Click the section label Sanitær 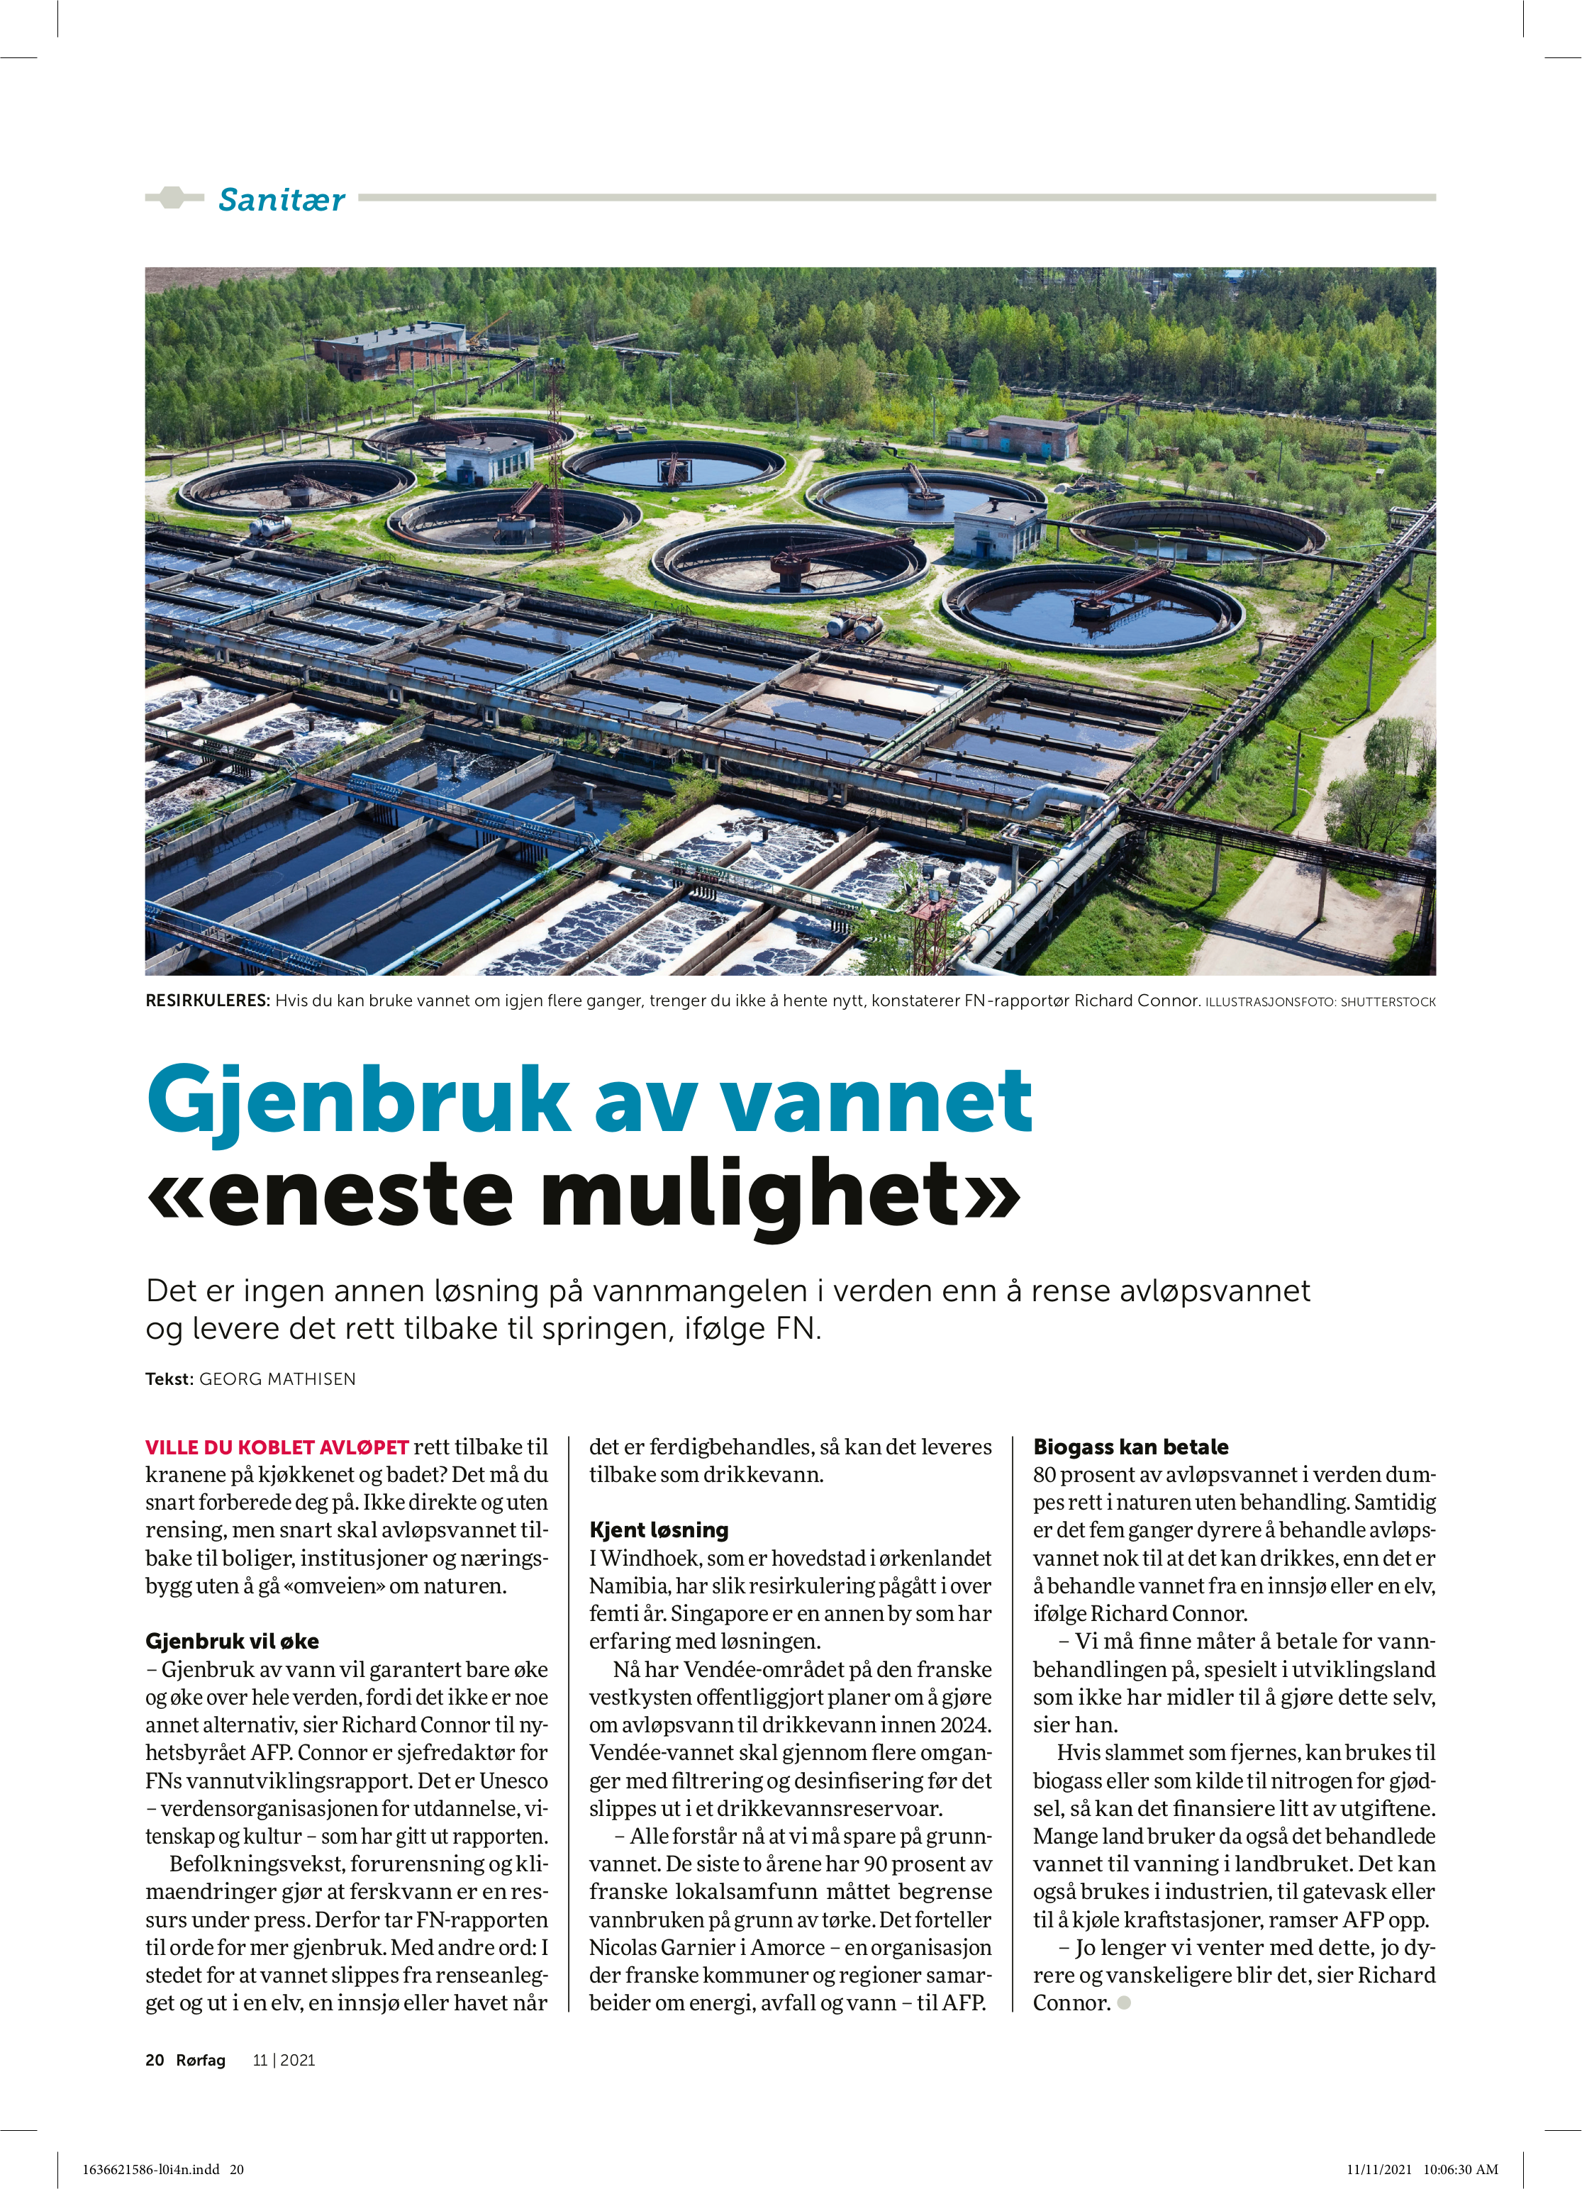(281, 200)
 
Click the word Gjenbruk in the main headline (357, 1101)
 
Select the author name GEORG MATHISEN (277, 1379)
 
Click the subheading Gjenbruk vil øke (232, 1642)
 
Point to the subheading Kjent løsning (658, 1530)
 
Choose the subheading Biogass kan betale (1130, 1447)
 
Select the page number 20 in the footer (155, 2060)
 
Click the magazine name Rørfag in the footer (201, 2060)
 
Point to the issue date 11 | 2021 (284, 2060)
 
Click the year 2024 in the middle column (967, 1725)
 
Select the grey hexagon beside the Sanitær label (172, 198)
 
